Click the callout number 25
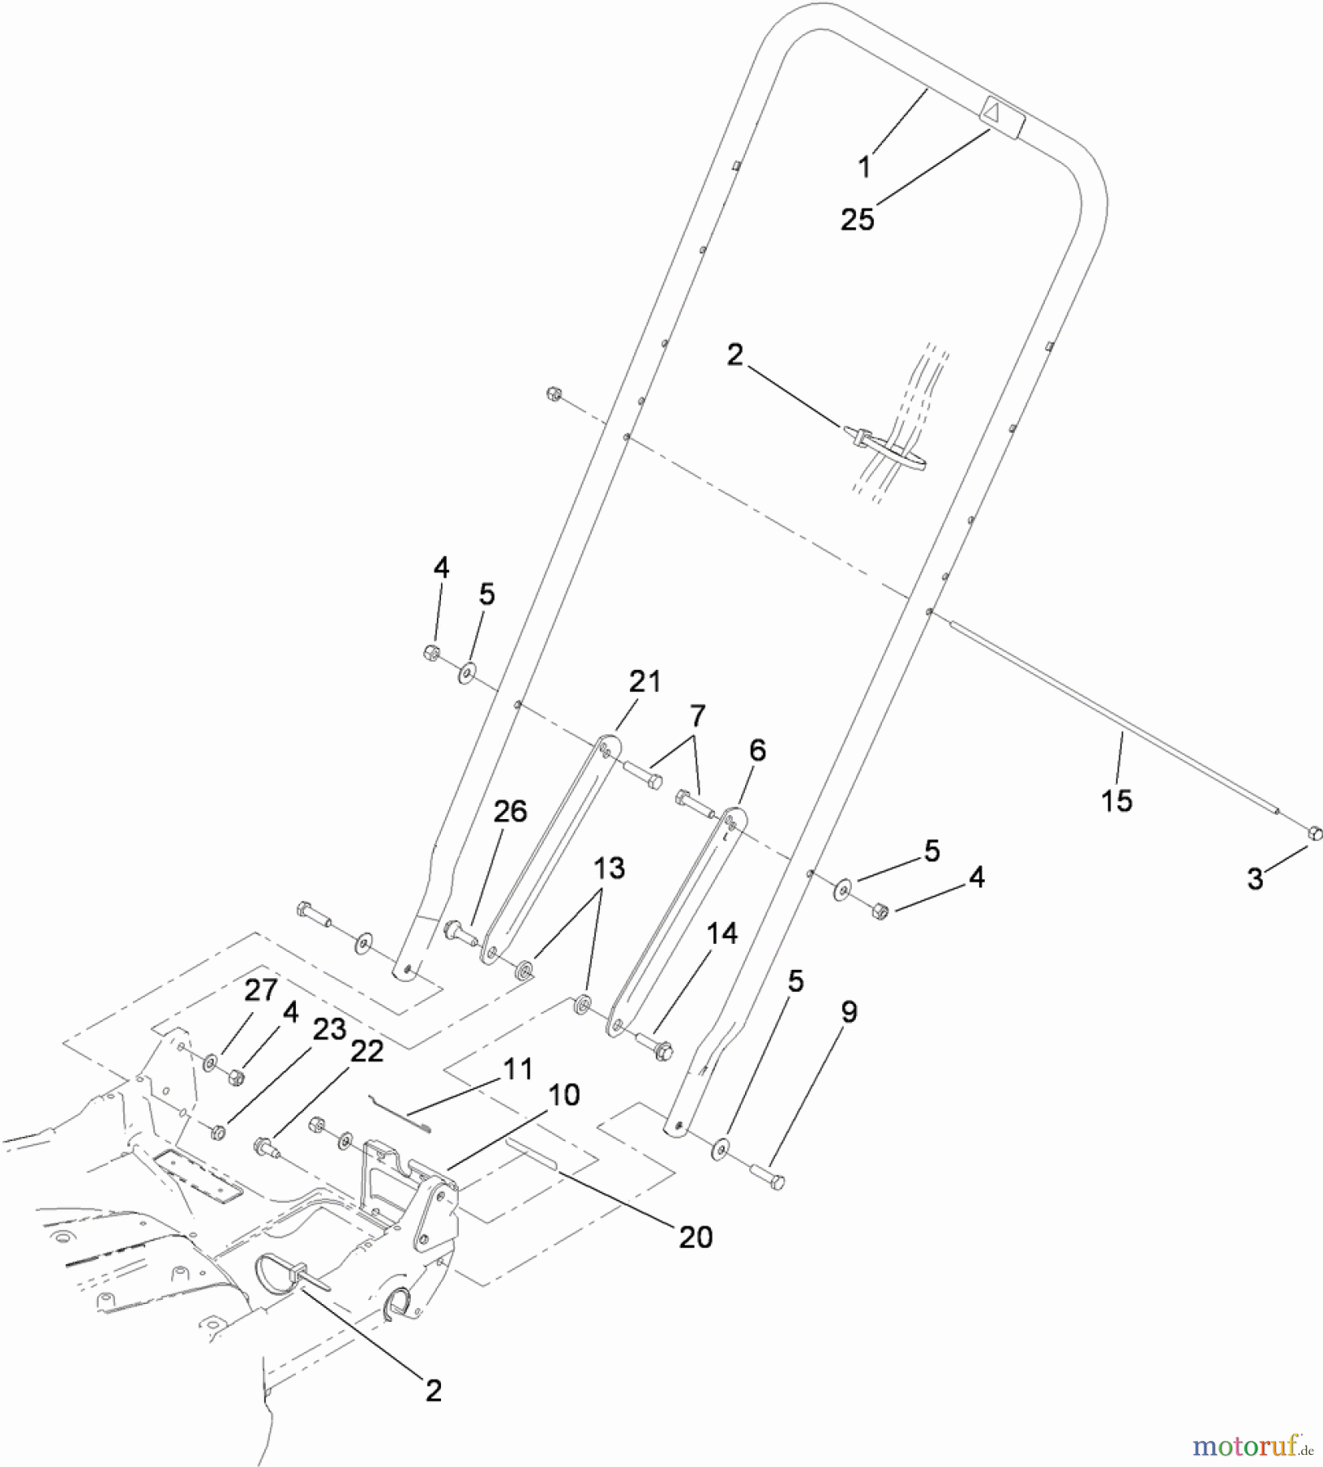pyautogui.click(x=858, y=219)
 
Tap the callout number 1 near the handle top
pyautogui.click(x=865, y=167)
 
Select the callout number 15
pyautogui.click(x=1117, y=800)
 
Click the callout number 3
pyautogui.click(x=1255, y=879)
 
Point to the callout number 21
pyautogui.click(x=645, y=681)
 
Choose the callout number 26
pyautogui.click(x=510, y=811)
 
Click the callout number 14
pyautogui.click(x=722, y=933)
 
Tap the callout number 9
pyautogui.click(x=849, y=1012)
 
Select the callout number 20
pyautogui.click(x=695, y=1237)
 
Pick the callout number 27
pyautogui.click(x=262, y=990)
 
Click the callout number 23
pyautogui.click(x=330, y=1029)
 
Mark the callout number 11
pyautogui.click(x=518, y=1068)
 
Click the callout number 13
pyautogui.click(x=610, y=868)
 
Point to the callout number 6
pyautogui.click(x=757, y=750)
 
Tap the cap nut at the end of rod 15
pyautogui.click(x=1313, y=833)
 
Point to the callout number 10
pyautogui.click(x=563, y=1095)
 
